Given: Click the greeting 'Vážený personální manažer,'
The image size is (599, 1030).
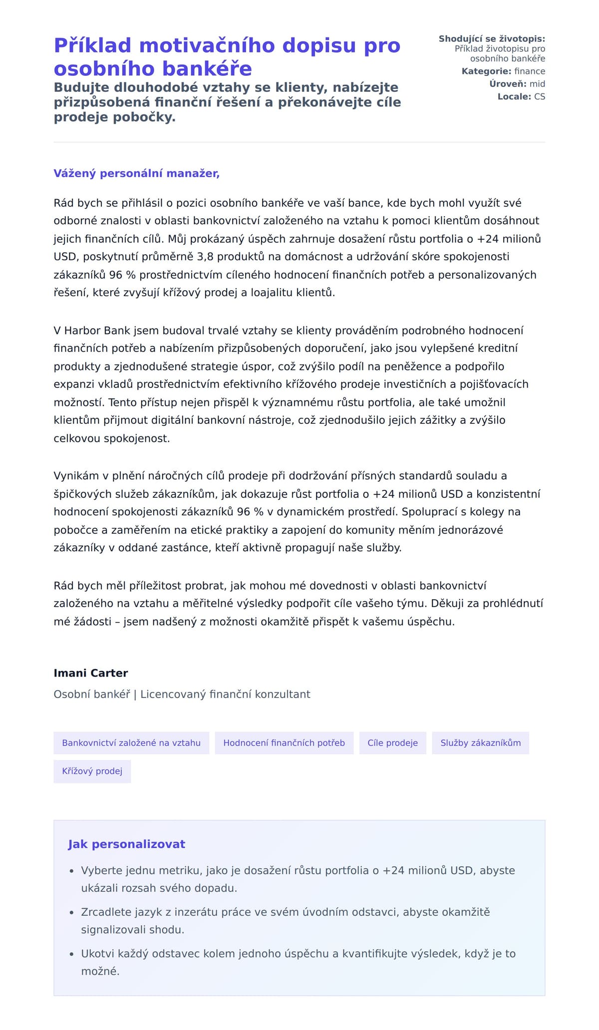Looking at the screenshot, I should coord(136,173).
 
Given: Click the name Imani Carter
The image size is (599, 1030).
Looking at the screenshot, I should coord(91,673).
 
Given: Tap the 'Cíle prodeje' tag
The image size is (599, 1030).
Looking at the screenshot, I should coord(392,742).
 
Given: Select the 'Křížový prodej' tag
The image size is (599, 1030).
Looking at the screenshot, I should coord(92,771).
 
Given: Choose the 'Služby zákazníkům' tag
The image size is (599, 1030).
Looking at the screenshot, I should coord(480,742).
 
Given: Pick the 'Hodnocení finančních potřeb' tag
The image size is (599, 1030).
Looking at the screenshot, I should coord(284,742).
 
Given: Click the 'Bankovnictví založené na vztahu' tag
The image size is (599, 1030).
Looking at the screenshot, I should coord(131,742).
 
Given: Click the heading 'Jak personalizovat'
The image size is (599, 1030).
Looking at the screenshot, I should coord(126,844).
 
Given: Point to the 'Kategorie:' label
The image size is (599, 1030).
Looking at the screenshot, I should coord(486,71).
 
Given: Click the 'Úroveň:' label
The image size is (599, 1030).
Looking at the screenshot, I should coord(508,84).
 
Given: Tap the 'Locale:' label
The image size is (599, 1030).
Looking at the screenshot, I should coord(514,96).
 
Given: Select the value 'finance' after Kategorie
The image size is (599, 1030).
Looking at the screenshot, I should coord(530,71).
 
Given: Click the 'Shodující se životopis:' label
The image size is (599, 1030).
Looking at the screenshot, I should coord(492,39).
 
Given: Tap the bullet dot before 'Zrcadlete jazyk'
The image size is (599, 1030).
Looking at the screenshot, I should coord(71,913).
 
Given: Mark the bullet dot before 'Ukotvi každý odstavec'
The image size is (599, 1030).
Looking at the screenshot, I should coord(71,954).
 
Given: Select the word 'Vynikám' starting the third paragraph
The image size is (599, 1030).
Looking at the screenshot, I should coord(76,476).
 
